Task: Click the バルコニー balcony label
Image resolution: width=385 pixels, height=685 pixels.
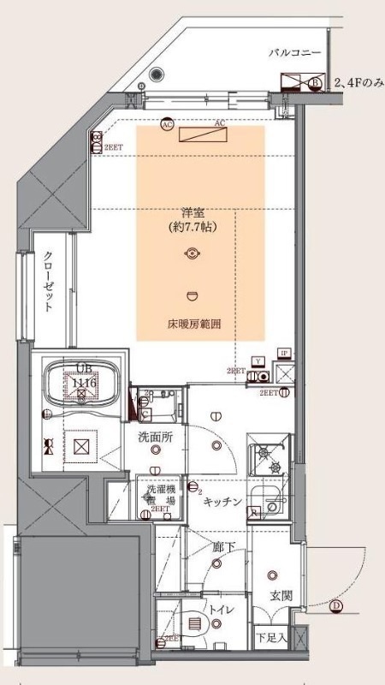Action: pyautogui.click(x=294, y=53)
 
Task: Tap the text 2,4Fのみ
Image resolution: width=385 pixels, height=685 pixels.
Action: pyautogui.click(x=359, y=83)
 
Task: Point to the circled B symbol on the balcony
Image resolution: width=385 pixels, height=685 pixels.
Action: pyautogui.click(x=315, y=83)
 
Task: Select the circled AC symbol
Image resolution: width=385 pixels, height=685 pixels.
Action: pyautogui.click(x=166, y=124)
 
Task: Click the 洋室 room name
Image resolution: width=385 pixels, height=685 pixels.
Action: pyautogui.click(x=192, y=212)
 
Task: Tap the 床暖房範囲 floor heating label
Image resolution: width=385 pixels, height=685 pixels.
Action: pyautogui.click(x=193, y=325)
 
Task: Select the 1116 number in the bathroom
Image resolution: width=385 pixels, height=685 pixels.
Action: pyautogui.click(x=83, y=382)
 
